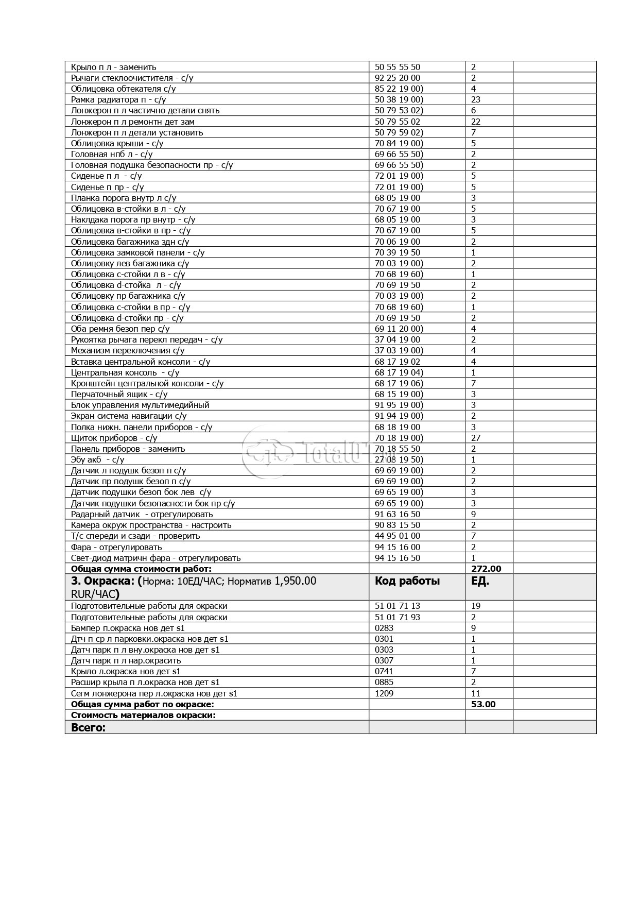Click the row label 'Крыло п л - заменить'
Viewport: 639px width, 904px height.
point(113,67)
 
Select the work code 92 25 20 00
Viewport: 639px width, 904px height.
point(397,78)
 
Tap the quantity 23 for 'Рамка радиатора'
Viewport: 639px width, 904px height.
point(476,99)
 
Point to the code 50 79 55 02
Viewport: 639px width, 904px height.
point(397,122)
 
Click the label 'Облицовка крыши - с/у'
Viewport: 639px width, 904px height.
point(117,143)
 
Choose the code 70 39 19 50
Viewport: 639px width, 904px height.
point(397,252)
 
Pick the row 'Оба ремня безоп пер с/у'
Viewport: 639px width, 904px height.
point(120,329)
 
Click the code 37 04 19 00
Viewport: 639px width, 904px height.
point(397,339)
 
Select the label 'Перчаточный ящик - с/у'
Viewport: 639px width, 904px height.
point(119,394)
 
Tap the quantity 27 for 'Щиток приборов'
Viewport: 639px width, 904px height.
point(476,438)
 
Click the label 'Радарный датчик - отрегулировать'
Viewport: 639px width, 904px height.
point(142,514)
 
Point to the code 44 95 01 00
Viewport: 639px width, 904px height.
point(397,536)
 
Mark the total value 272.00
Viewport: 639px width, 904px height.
point(486,569)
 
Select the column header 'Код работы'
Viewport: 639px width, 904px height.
point(407,581)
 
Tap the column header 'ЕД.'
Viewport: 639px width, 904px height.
point(480,581)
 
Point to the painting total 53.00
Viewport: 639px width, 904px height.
point(483,704)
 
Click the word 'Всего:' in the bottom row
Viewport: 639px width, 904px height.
point(88,727)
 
